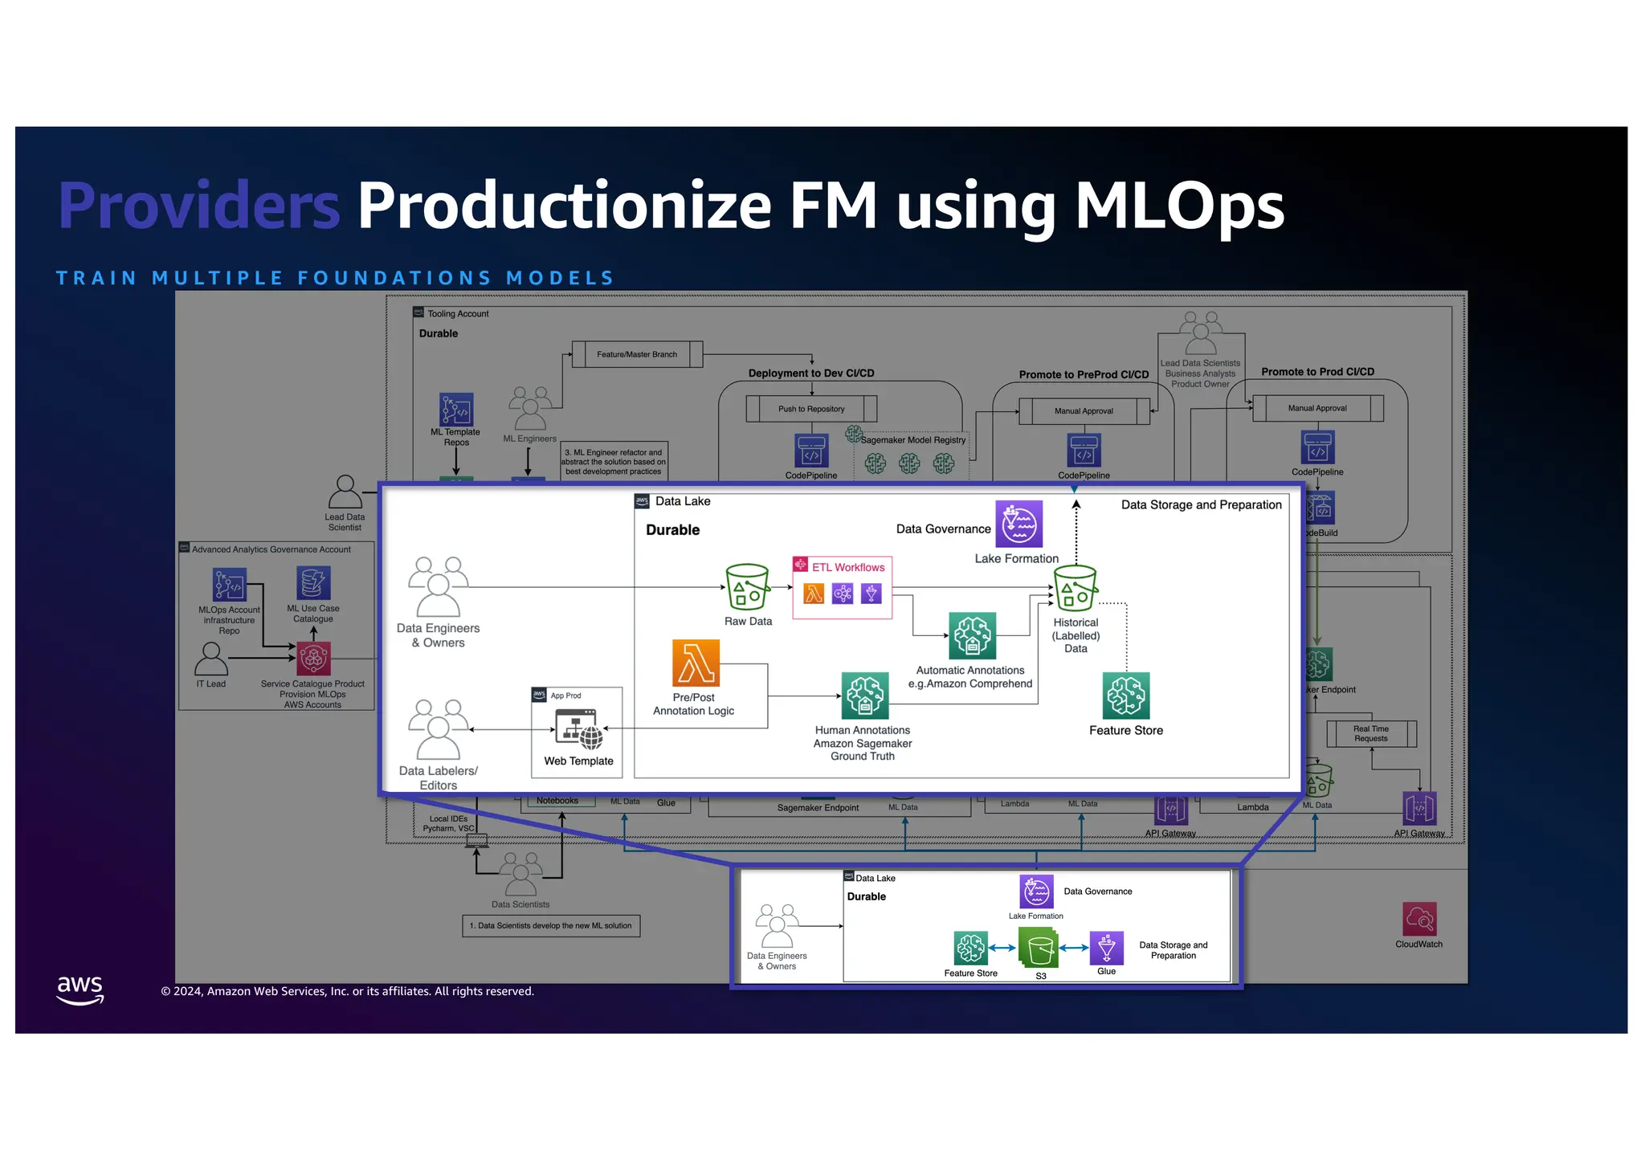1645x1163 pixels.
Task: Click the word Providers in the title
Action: [x=199, y=206]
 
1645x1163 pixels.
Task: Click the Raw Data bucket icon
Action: [x=748, y=587]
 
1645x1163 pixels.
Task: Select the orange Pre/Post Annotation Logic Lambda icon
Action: [x=696, y=663]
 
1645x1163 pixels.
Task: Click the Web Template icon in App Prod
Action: [x=578, y=728]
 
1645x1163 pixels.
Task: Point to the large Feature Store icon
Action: [x=1126, y=696]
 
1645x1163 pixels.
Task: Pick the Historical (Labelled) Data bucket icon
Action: [x=1076, y=589]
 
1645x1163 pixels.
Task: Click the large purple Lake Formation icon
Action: [x=1019, y=524]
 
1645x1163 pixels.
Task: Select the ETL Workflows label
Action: [x=847, y=567]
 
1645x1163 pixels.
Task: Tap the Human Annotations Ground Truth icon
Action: [x=864, y=696]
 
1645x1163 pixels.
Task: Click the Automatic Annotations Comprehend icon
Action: [x=972, y=635]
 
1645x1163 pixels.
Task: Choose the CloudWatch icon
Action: [x=1419, y=919]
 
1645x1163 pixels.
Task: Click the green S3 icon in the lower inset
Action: [x=1039, y=949]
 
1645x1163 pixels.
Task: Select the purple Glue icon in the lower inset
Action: [x=1106, y=949]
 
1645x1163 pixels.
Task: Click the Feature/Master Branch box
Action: [x=637, y=354]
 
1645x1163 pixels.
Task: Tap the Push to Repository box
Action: [x=811, y=409]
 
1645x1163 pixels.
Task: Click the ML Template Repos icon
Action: [x=456, y=410]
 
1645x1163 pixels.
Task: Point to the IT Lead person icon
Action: [x=211, y=659]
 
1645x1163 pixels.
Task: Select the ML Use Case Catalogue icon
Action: [x=313, y=583]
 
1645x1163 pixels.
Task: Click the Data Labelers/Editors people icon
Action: [x=438, y=729]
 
